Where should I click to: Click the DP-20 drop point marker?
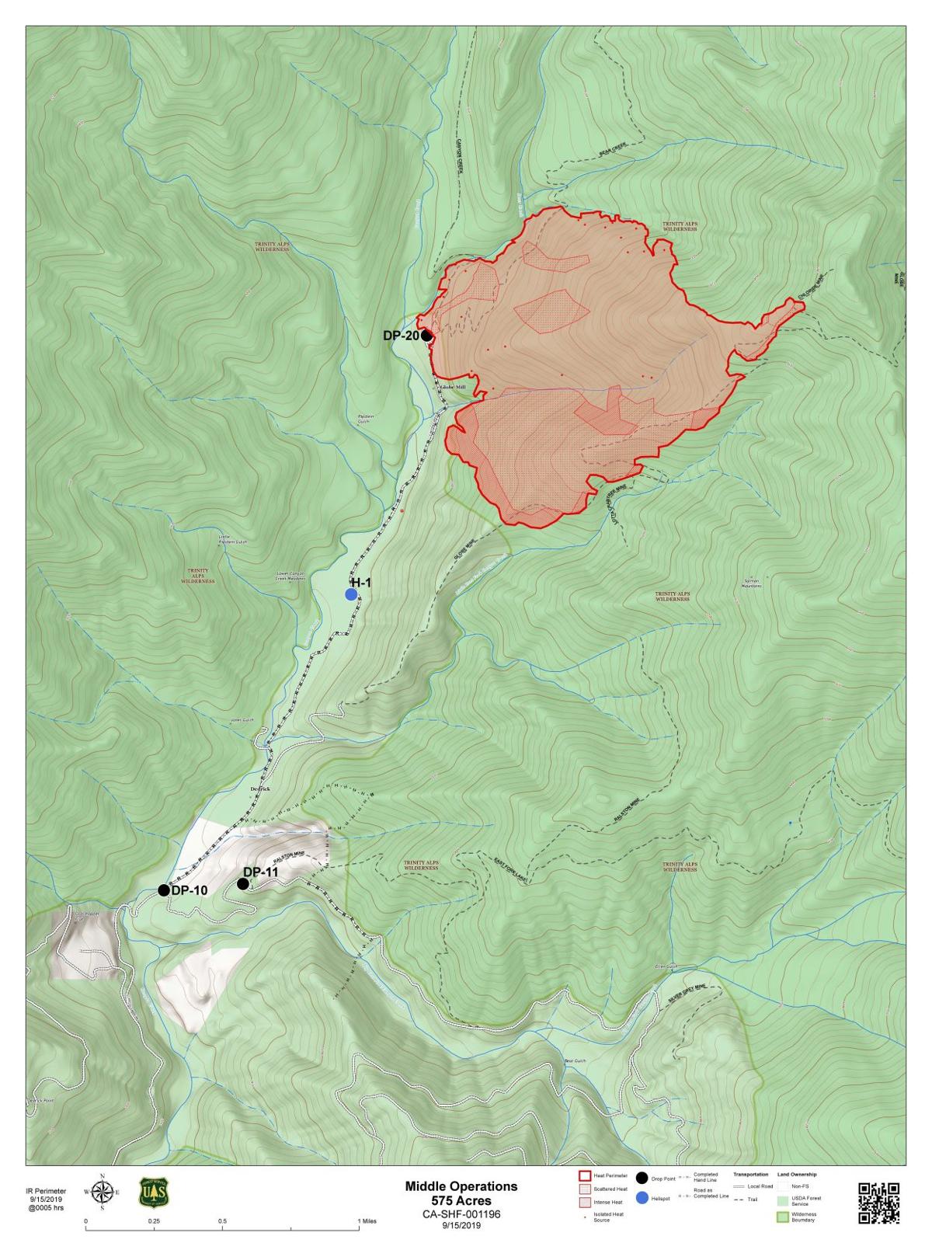point(426,336)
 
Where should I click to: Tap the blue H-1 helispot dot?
point(351,594)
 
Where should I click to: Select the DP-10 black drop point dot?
point(163,890)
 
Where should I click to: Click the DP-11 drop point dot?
point(242,883)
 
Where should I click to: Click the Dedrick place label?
point(260,789)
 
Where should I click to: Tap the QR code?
point(878,1203)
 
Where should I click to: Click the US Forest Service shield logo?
point(153,1193)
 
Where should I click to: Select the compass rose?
point(102,1193)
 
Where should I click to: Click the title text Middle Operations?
point(461,1186)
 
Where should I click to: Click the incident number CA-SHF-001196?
point(461,1213)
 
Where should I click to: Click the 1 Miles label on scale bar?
point(367,1221)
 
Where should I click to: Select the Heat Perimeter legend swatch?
point(585,1176)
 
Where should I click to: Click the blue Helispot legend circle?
point(642,1199)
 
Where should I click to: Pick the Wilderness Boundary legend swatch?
point(783,1217)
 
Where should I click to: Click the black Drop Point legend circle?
point(642,1179)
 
